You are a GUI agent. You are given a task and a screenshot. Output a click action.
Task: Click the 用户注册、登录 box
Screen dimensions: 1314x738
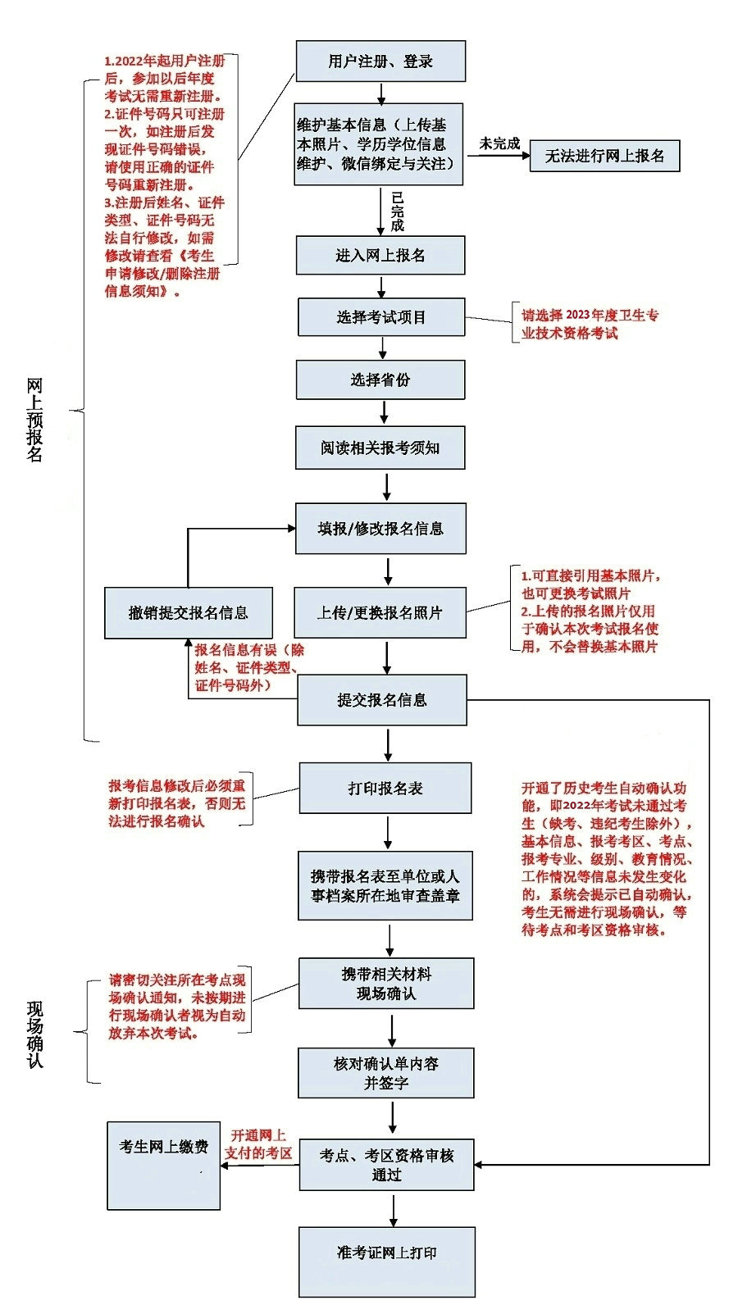[x=380, y=61]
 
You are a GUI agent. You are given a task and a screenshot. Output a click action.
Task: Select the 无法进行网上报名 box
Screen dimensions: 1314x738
[x=605, y=155]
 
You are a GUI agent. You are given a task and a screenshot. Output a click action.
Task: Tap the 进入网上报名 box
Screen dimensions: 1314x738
[x=380, y=256]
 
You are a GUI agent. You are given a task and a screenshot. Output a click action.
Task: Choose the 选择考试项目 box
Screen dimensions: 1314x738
[x=381, y=317]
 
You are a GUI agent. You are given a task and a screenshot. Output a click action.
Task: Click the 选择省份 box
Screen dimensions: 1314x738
[x=380, y=380]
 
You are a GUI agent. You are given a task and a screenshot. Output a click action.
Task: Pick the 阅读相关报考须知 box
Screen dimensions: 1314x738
[x=380, y=448]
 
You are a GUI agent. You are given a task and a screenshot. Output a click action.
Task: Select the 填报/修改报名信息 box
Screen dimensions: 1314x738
[x=380, y=529]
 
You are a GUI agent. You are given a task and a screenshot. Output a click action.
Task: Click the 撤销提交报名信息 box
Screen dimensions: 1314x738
[x=188, y=613]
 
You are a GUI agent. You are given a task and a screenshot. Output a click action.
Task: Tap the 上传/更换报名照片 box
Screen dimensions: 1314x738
[x=380, y=612]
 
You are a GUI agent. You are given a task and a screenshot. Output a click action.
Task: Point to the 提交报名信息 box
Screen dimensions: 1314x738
[x=382, y=700]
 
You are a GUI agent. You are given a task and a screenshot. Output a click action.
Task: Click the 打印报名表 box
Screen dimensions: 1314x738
[x=385, y=789]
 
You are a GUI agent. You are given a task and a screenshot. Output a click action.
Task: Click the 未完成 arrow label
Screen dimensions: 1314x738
[x=499, y=143]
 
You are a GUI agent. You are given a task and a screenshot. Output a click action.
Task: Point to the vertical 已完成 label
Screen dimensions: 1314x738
[x=398, y=211]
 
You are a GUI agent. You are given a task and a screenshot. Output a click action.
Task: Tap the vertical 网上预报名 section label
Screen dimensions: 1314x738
[x=34, y=420]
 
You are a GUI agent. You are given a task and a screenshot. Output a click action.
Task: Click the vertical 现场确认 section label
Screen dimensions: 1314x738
[x=35, y=1033]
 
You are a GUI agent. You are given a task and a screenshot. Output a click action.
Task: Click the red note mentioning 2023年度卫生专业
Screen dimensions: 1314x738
[x=590, y=325]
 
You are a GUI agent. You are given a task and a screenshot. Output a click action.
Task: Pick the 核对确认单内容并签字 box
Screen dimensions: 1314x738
[x=386, y=1073]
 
